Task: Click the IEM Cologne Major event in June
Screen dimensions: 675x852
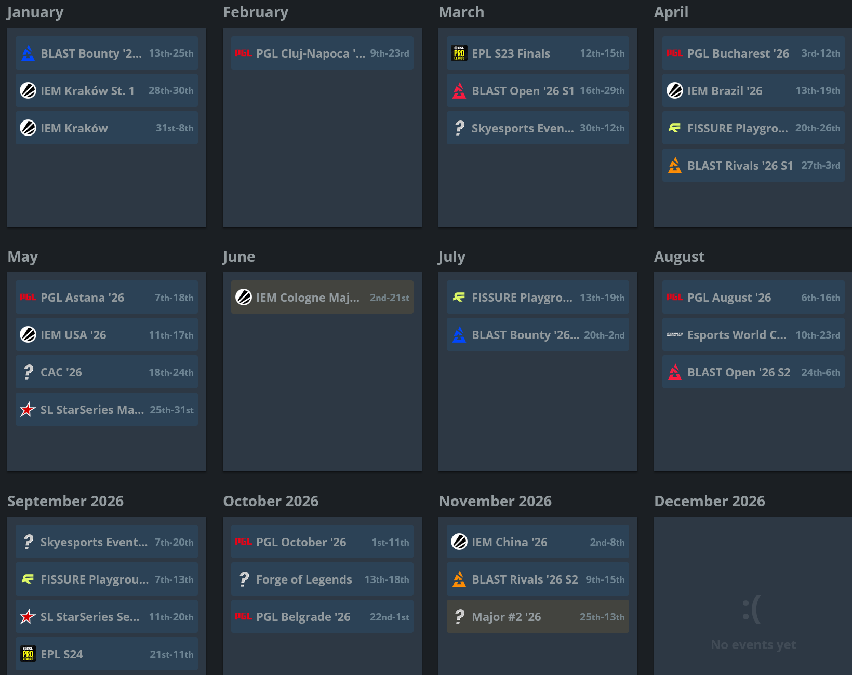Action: point(322,298)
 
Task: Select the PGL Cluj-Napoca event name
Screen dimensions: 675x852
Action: point(310,53)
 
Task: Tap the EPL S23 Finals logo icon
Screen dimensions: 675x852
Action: point(459,53)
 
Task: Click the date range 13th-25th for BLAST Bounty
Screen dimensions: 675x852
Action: point(171,53)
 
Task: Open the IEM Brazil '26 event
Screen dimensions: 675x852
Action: point(753,91)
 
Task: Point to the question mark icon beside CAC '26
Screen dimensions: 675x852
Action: point(28,372)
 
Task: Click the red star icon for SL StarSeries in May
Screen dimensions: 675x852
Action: point(28,410)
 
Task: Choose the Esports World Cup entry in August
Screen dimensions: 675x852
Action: point(753,335)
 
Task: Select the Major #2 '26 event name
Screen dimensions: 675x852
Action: point(506,617)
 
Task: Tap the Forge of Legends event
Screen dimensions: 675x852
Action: point(322,579)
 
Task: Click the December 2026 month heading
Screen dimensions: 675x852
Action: point(709,501)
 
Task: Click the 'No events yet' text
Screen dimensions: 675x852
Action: point(753,645)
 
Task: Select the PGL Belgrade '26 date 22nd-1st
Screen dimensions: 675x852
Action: point(389,617)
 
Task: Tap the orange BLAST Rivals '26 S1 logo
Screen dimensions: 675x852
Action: point(674,165)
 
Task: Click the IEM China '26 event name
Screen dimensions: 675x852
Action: point(509,542)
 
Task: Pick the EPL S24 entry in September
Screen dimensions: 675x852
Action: point(106,654)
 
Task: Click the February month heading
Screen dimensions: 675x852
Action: point(255,12)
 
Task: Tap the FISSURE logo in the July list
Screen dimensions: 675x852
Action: point(459,297)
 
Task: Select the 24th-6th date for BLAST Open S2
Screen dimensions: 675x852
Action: point(820,373)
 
